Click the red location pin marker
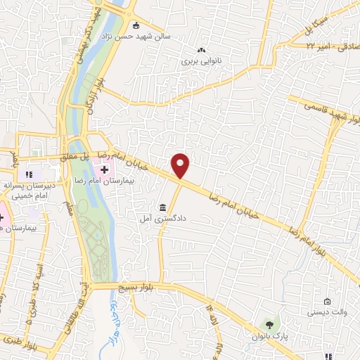pos(181,165)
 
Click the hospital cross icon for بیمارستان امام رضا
pos(105,169)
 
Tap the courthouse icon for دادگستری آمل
pos(163,208)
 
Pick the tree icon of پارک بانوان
pos(269,324)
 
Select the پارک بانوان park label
pos(271,336)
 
